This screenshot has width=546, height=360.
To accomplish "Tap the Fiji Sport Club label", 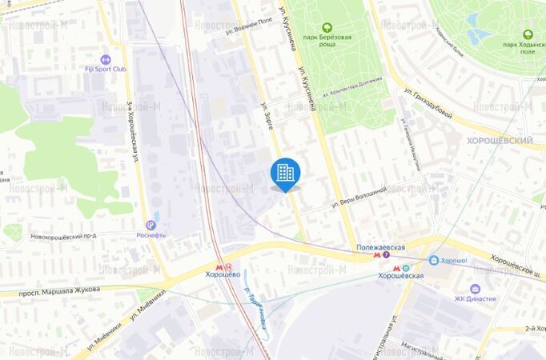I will tap(106, 69).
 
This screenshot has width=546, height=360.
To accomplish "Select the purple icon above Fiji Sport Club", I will tap(106, 58).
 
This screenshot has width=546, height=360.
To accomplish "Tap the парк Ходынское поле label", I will tap(528, 47).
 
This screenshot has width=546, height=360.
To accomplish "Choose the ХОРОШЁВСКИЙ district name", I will tap(500, 140).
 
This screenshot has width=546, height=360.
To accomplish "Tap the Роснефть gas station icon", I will tap(151, 226).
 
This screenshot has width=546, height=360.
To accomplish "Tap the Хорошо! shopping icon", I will tap(433, 260).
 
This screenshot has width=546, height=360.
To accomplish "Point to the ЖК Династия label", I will tap(475, 299).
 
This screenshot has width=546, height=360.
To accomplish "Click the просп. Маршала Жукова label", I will tap(62, 290).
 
